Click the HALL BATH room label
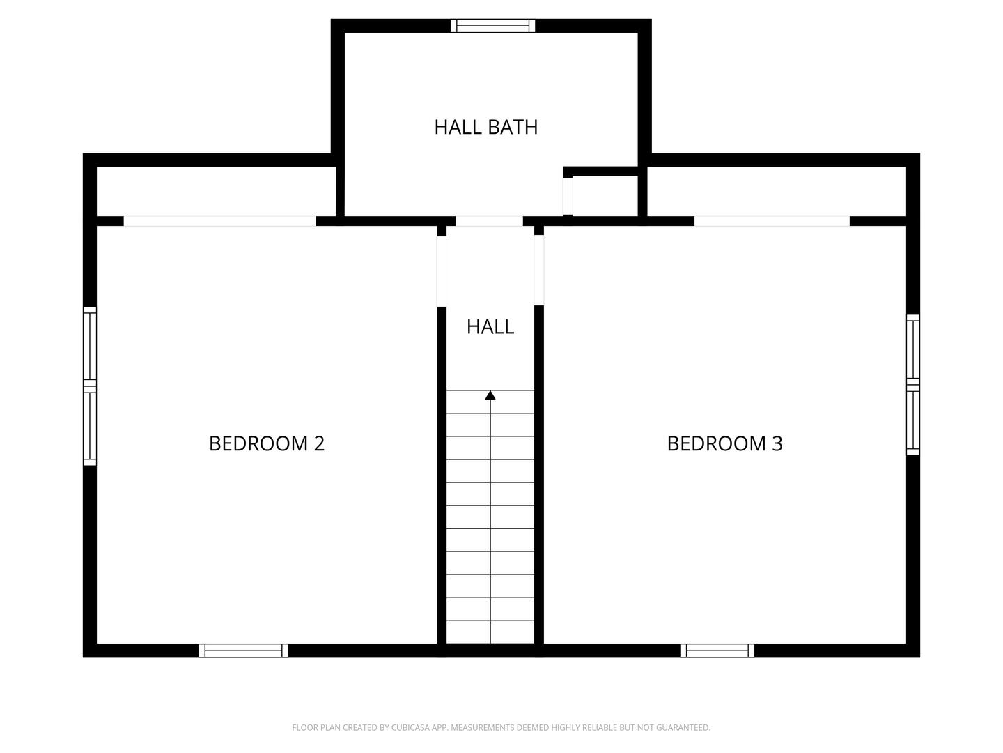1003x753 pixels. coord(485,127)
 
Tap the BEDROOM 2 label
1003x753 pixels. coord(267,443)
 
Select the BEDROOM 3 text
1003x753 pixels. coord(724,443)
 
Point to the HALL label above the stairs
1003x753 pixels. coord(490,326)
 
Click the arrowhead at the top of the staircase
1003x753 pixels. coord(490,395)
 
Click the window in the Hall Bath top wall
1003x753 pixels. coord(493,26)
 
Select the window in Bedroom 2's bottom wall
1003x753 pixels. coord(243,651)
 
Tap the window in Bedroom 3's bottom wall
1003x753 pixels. coord(717,651)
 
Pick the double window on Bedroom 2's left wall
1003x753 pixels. coord(90,386)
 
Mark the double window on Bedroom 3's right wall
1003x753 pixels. coord(912,385)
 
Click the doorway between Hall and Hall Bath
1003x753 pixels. coord(489,221)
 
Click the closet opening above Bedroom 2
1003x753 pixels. coord(219,221)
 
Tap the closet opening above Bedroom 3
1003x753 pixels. coord(772,221)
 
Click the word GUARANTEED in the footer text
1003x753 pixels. coord(678,728)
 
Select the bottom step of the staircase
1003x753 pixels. coord(490,632)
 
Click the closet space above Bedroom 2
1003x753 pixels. coord(216,192)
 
